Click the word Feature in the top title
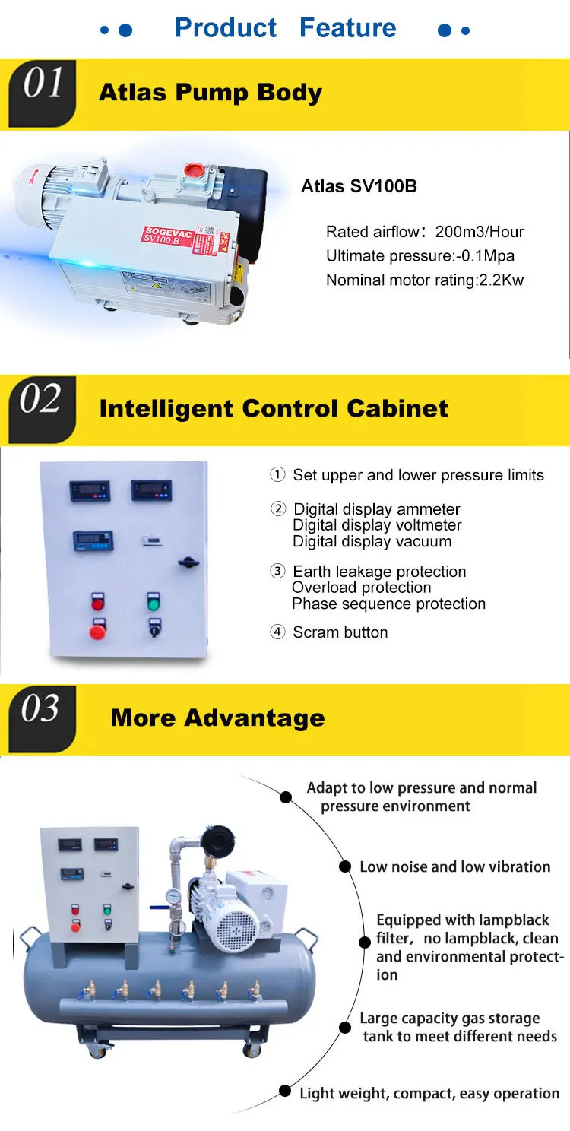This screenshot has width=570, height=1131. [347, 28]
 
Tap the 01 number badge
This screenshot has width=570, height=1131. [42, 85]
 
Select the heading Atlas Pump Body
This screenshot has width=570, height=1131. [211, 93]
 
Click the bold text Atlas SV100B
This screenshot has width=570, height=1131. [359, 186]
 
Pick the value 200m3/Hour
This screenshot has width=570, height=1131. [480, 232]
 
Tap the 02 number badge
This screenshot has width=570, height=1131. [42, 400]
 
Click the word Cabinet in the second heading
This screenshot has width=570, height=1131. [397, 408]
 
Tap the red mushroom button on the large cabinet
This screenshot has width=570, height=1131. [97, 631]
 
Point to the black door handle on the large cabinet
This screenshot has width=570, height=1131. [188, 562]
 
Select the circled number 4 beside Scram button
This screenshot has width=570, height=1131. [277, 632]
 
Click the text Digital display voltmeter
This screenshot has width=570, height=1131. [377, 525]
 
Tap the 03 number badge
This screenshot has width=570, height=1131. [42, 709]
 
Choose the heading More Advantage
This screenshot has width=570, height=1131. [217, 718]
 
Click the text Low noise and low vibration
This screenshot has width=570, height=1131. [454, 866]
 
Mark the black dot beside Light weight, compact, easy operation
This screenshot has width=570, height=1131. [284, 1091]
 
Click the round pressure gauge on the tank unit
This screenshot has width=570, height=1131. [173, 895]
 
